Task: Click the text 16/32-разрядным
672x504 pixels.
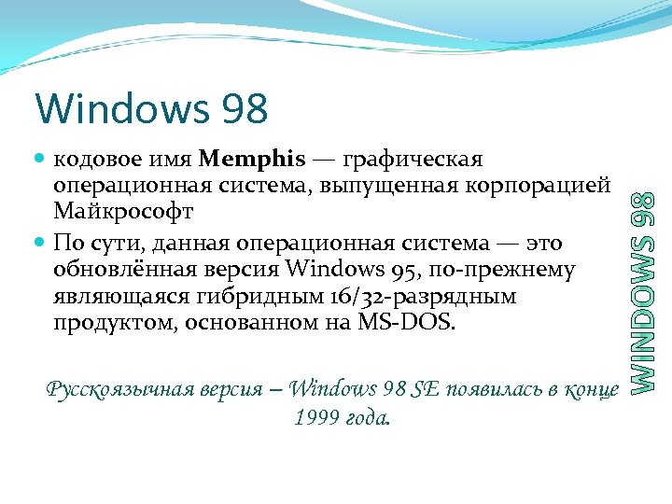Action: click(410, 297)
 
